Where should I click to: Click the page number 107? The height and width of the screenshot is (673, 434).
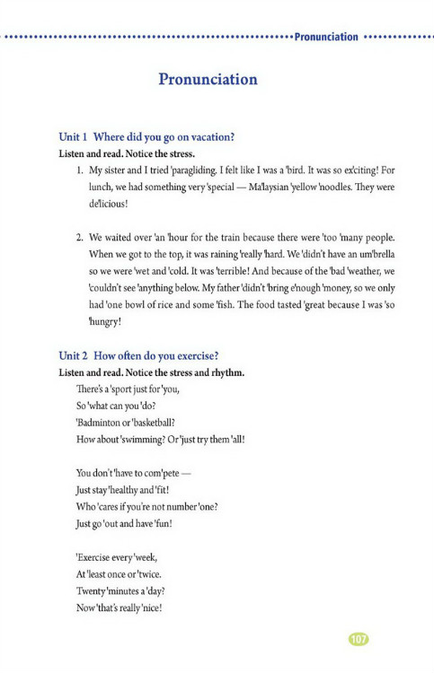[359, 639]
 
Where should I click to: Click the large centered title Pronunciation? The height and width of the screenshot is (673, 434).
[208, 79]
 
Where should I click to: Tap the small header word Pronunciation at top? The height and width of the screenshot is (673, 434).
[326, 38]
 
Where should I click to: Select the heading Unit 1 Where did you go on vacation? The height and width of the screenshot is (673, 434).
[146, 137]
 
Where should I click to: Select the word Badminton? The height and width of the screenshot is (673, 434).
[105, 423]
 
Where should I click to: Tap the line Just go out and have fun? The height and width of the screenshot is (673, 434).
[124, 524]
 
